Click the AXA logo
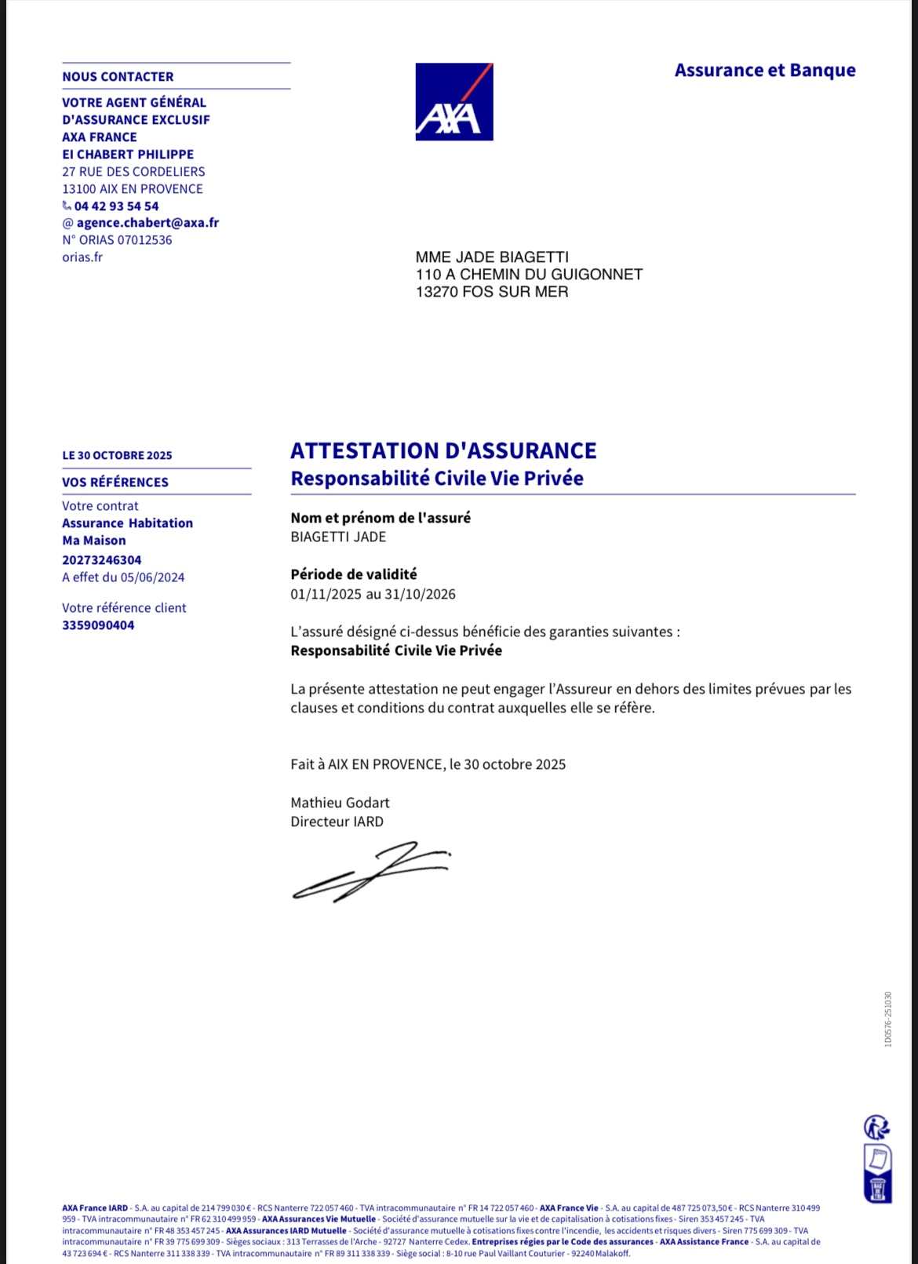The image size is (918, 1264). tap(454, 102)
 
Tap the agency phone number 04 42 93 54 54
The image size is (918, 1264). tap(116, 206)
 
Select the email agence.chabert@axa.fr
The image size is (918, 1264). tap(148, 223)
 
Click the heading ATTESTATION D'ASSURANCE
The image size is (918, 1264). tap(443, 451)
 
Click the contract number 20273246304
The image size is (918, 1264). tap(102, 560)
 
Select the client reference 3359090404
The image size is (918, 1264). tap(98, 625)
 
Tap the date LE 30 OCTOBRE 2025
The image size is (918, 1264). tap(117, 456)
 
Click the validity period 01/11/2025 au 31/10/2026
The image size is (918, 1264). tap(373, 594)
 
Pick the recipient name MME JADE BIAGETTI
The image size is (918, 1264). tap(492, 257)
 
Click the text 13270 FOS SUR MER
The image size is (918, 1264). tap(492, 292)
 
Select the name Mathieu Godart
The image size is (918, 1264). tap(340, 803)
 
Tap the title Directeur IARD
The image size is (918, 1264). tap(337, 821)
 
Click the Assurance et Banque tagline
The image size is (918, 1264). tap(765, 71)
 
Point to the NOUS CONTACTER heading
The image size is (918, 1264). tap(118, 77)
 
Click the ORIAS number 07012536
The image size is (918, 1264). tap(144, 240)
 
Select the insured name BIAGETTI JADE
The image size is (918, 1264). tap(338, 537)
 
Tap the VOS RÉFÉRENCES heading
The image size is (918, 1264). tap(115, 483)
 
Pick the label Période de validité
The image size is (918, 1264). tap(354, 574)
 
